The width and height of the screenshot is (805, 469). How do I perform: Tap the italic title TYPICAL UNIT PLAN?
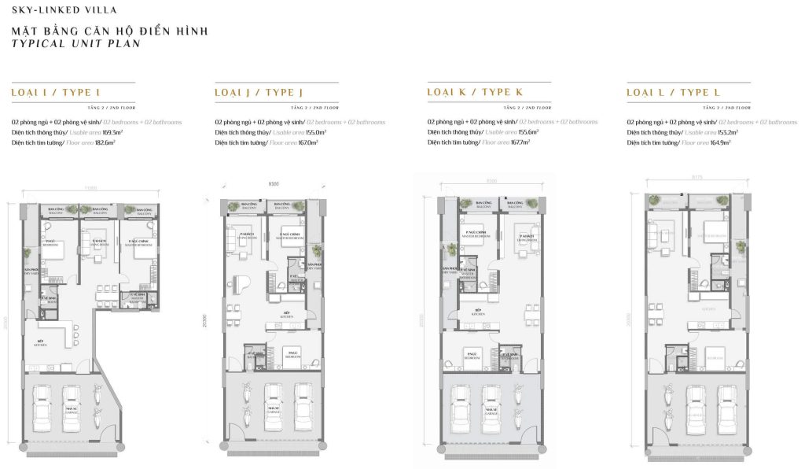click(76, 44)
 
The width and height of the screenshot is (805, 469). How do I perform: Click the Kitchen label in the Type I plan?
click(40, 345)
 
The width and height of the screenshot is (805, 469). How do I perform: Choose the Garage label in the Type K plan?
click(491, 411)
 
